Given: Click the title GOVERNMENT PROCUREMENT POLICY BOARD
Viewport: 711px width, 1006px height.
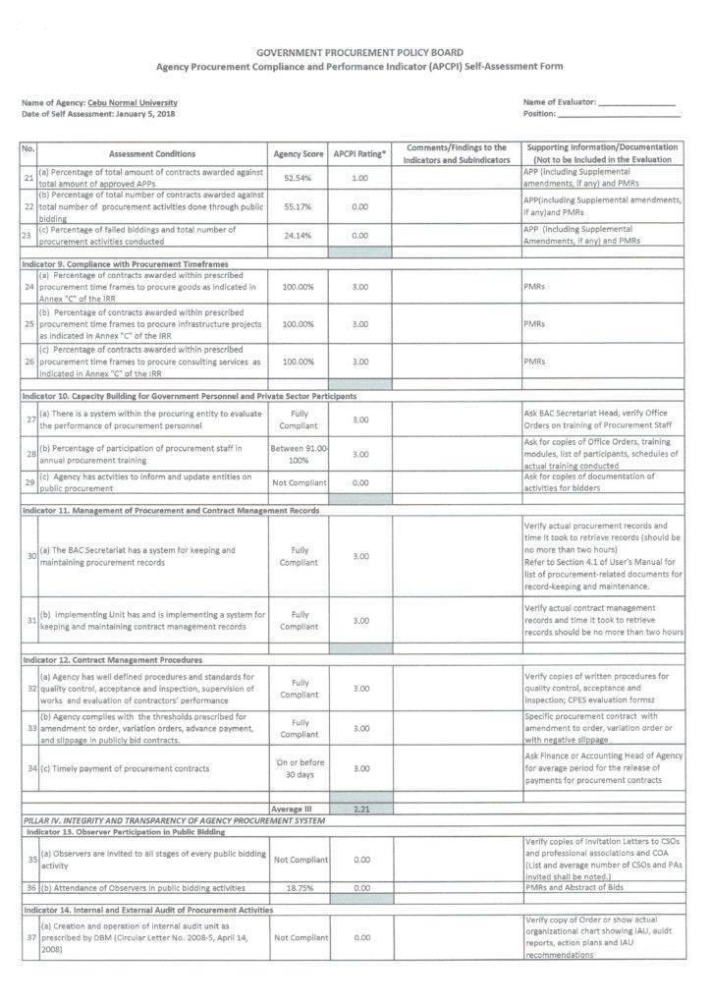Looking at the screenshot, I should click(359, 52).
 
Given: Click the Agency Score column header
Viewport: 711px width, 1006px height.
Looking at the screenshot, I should click(298, 154).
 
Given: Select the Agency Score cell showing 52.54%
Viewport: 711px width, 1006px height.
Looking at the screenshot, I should click(298, 179).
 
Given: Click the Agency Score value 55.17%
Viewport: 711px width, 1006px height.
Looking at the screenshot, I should click(298, 208).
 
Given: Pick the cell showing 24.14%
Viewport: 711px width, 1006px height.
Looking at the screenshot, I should click(298, 236).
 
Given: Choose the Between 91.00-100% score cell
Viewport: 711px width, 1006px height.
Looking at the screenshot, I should click(298, 454).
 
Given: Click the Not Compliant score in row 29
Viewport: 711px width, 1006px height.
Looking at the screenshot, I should click(298, 482).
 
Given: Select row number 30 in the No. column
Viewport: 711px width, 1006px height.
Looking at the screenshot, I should click(29, 556).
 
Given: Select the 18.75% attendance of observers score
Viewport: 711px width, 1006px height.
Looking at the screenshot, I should click(298, 886).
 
